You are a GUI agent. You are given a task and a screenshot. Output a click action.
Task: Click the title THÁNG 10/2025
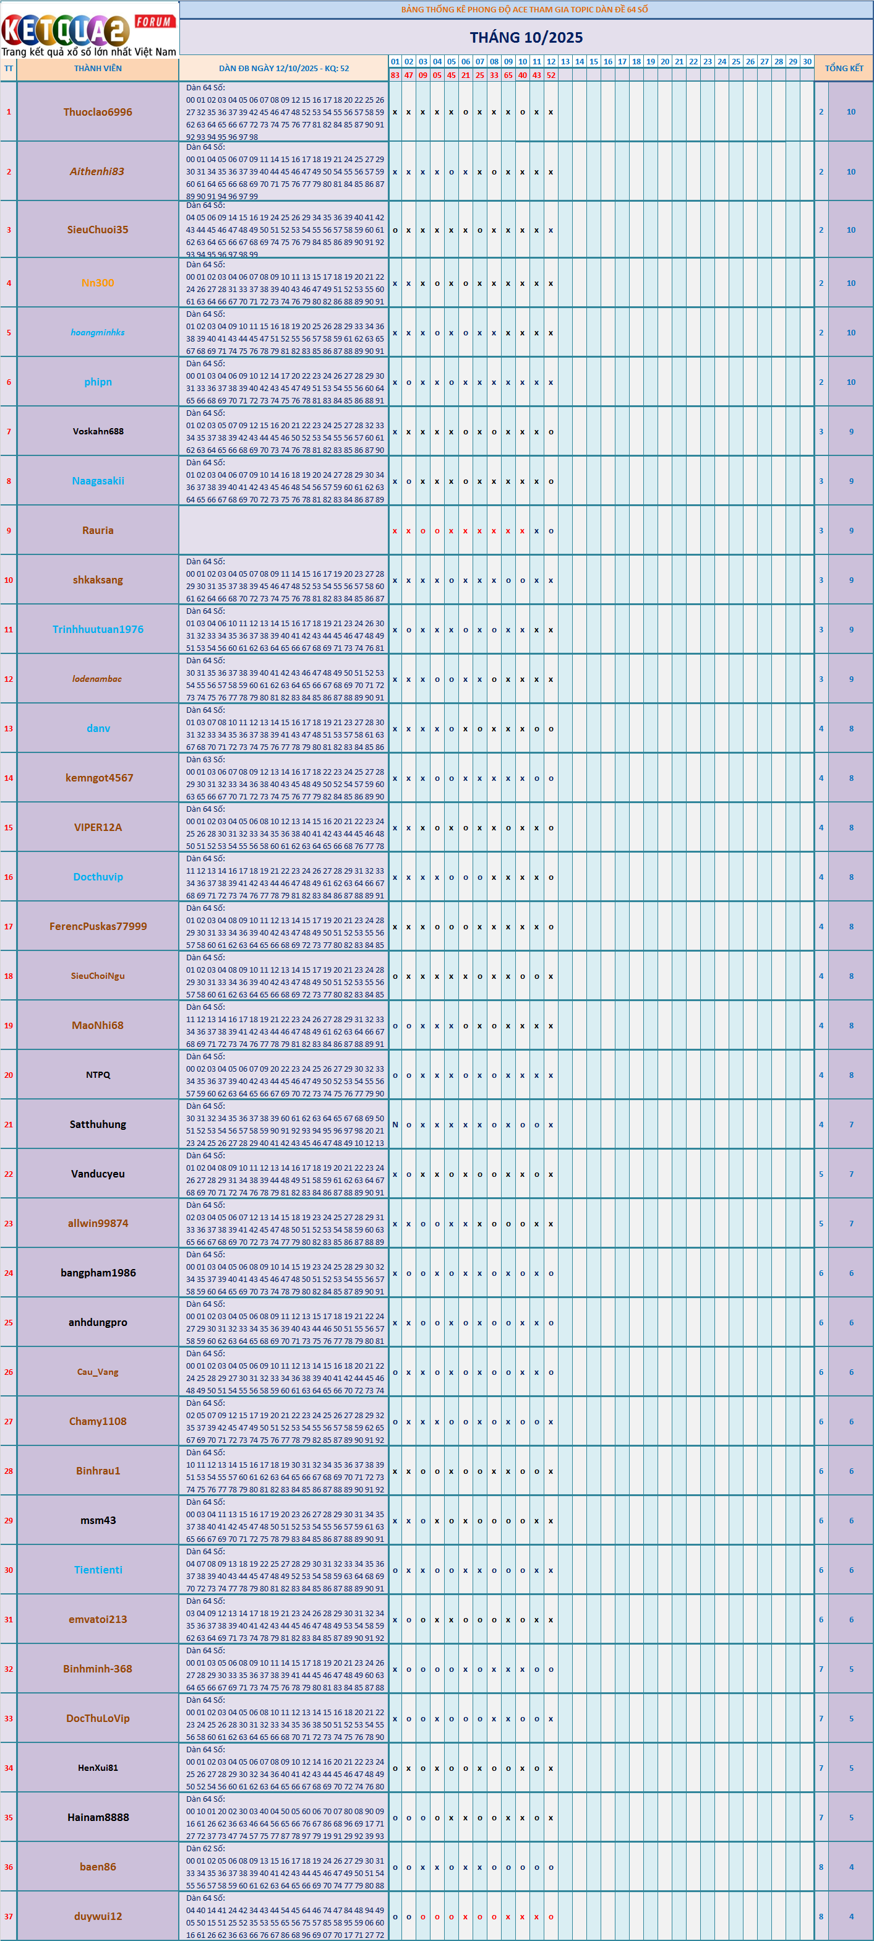coord(526,37)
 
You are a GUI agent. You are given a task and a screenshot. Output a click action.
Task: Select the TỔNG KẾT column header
coord(843,68)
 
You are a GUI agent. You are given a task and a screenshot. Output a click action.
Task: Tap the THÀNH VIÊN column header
coord(97,69)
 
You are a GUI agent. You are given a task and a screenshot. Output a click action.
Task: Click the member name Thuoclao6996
coord(97,111)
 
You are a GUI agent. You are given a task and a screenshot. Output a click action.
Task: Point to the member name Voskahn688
coord(98,431)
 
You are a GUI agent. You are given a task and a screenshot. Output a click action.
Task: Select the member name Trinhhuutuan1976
coord(98,629)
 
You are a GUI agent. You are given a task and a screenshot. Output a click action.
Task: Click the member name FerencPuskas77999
coord(98,926)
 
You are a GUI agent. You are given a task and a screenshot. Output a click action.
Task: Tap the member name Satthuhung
coord(98,1124)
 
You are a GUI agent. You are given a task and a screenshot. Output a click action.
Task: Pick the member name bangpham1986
coord(98,1272)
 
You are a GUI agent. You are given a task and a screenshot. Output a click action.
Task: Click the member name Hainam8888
coord(98,1817)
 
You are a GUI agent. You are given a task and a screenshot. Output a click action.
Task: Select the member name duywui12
coord(98,1916)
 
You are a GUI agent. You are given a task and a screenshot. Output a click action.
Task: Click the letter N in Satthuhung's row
coord(395,1124)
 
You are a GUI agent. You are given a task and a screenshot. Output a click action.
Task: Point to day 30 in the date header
coord(807,62)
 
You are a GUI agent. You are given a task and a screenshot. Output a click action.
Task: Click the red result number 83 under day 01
coord(395,75)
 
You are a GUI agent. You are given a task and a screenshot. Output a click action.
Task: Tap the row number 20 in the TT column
coord(8,1075)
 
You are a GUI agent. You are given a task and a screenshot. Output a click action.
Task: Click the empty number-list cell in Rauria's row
coord(283,530)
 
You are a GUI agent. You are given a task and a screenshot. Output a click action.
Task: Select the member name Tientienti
coord(98,1570)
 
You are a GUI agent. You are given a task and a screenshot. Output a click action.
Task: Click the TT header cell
coord(8,69)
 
